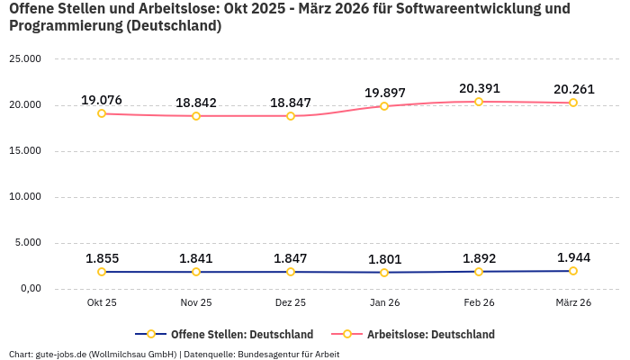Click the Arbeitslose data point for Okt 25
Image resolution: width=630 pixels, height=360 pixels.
point(102,113)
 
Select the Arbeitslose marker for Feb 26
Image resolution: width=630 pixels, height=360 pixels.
point(479,102)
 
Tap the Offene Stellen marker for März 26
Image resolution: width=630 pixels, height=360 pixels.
point(573,271)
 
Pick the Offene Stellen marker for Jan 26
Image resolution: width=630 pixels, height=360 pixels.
point(384,273)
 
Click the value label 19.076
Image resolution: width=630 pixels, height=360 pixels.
point(102,100)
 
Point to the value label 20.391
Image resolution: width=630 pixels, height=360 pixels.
point(479,88)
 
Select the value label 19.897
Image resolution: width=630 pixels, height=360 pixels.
point(384,93)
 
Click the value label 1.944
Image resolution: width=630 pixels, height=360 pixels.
point(573,257)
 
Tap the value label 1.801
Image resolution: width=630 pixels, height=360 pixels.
point(384,259)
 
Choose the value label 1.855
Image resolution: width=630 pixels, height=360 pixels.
point(102,258)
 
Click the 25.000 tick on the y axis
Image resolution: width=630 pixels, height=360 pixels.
point(24,59)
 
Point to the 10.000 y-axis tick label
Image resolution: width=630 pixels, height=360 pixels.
point(24,197)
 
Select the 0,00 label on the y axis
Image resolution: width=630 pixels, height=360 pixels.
point(30,289)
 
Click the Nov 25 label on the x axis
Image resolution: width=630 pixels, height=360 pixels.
point(196,302)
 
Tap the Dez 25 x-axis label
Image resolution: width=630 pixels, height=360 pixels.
point(291,302)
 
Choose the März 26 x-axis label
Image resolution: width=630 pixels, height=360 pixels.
point(573,302)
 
